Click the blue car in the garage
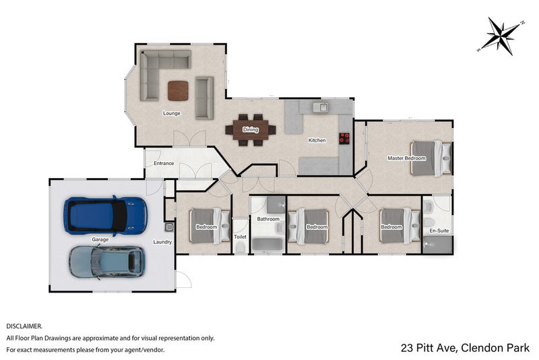106,216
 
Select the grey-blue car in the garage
107,262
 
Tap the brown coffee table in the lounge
178,91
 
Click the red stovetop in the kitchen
344,138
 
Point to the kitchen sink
321,107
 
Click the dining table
251,129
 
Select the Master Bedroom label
407,158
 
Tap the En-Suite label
439,231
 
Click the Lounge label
172,113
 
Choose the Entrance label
164,163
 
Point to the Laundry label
162,242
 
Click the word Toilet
240,237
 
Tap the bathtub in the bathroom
267,245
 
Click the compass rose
501,36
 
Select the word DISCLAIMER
24,326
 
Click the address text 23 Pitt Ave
429,348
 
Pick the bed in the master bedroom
431,158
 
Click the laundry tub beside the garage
168,227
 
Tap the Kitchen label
317,140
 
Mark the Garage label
100,239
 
